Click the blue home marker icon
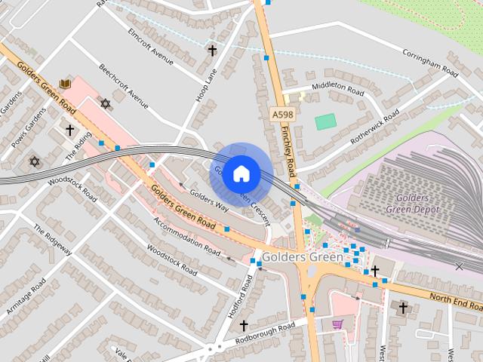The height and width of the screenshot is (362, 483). click(241, 174)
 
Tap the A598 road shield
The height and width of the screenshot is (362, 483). click(281, 114)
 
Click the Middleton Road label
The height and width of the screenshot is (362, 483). click(338, 87)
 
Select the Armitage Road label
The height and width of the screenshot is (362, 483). click(26, 296)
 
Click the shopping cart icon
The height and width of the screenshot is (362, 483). click(337, 324)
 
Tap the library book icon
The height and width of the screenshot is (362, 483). click(65, 83)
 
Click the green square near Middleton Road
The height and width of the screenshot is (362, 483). click(325, 121)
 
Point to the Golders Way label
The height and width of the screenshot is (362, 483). click(209, 200)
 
